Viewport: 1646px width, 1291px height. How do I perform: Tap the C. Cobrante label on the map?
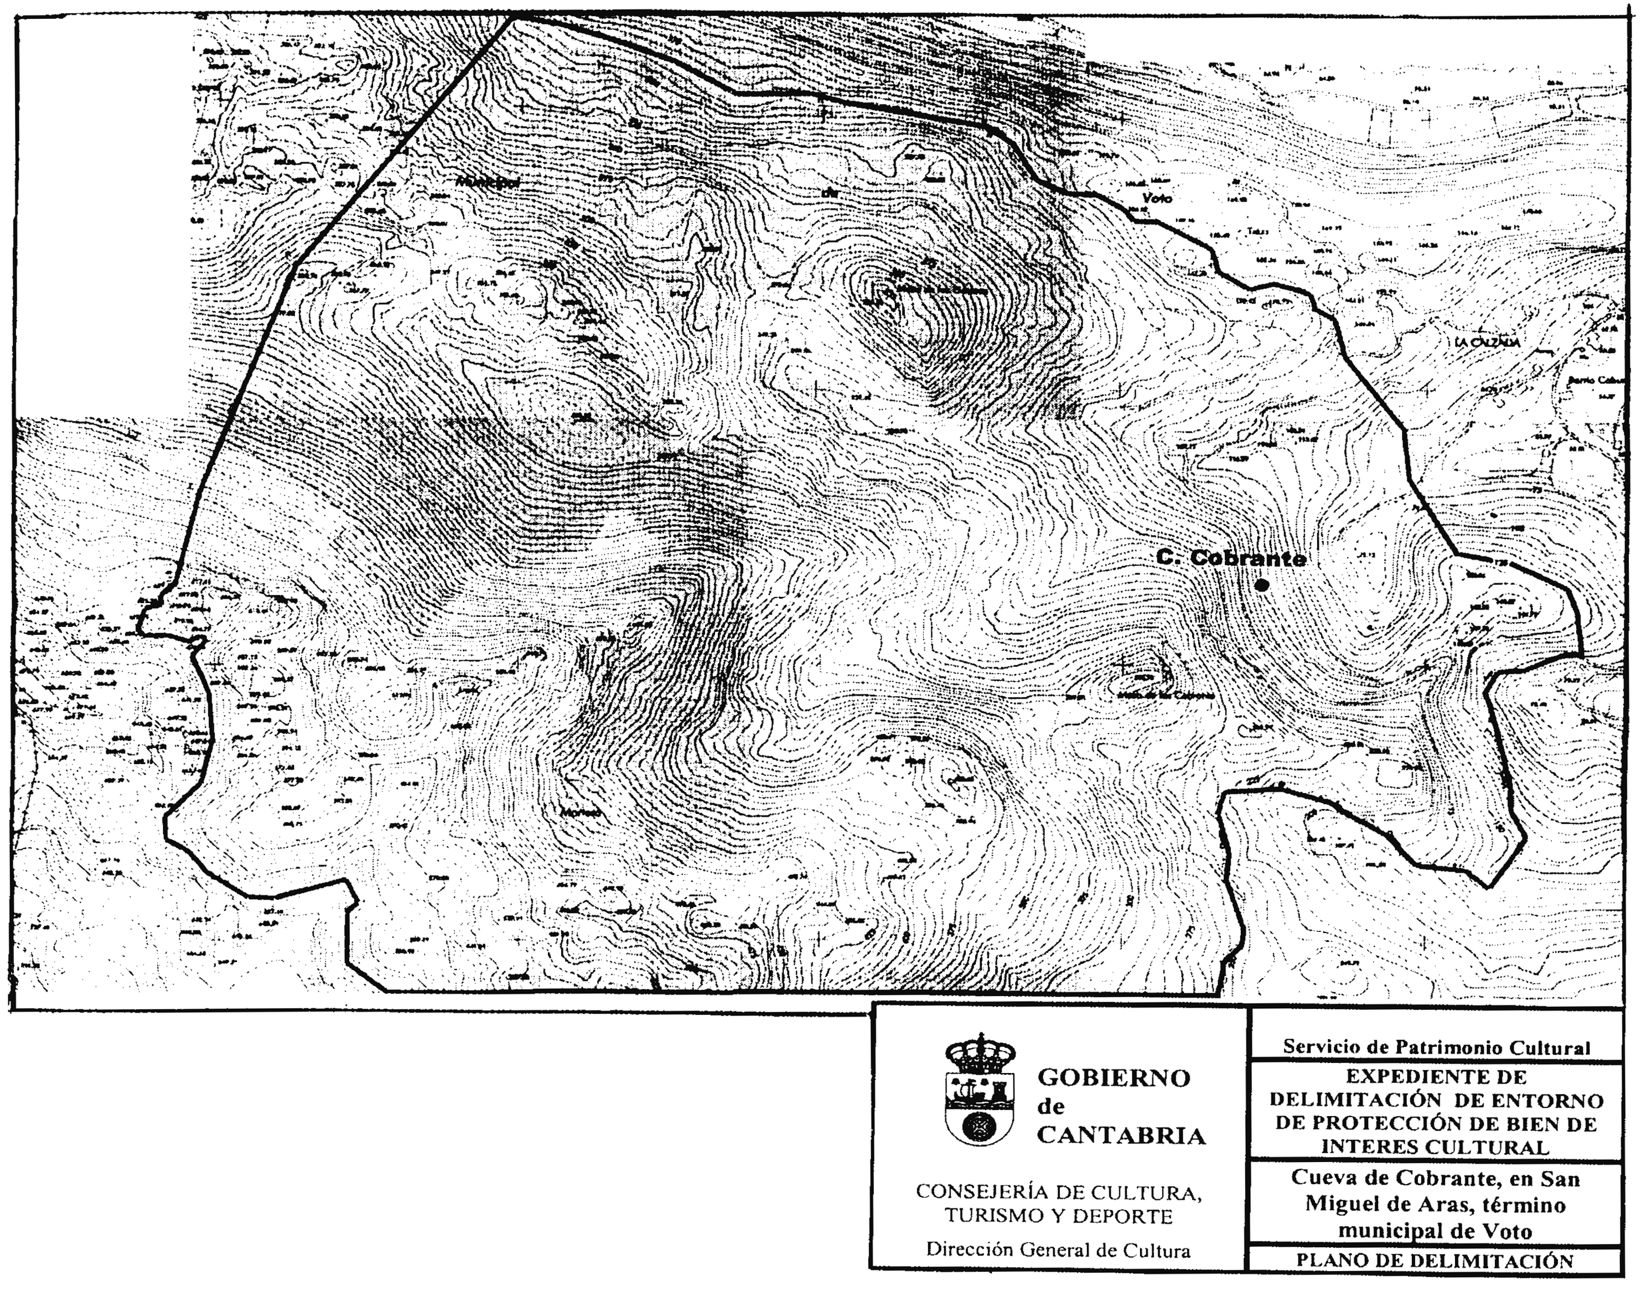click(1231, 558)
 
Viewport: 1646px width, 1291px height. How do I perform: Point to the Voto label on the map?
click(1156, 198)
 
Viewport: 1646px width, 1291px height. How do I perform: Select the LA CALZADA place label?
click(1487, 343)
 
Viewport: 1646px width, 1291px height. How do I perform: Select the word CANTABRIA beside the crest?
click(1121, 1136)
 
